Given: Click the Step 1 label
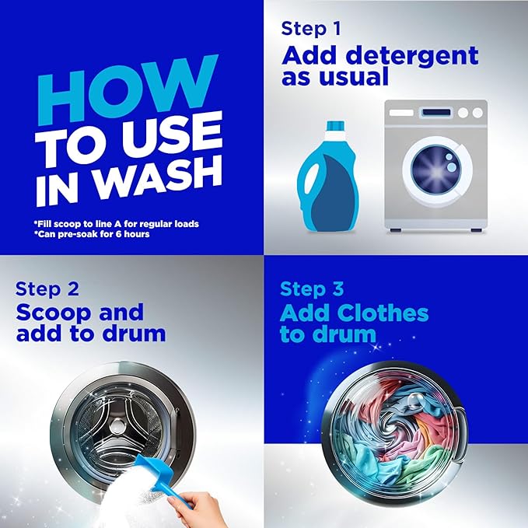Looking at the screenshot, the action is click(x=311, y=28).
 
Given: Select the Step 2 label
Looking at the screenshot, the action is click(x=47, y=289).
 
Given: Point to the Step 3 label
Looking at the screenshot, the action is click(x=312, y=289).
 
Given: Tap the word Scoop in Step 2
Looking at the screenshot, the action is click(x=54, y=313).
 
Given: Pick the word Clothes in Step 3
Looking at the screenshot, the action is click(x=383, y=313).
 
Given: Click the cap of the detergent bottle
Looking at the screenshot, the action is click(x=335, y=126).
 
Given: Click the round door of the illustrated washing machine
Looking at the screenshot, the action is click(x=438, y=172).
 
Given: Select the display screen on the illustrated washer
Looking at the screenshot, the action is click(x=436, y=113).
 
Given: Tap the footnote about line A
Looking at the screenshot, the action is click(x=117, y=224).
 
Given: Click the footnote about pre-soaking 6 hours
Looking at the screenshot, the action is click(x=92, y=234).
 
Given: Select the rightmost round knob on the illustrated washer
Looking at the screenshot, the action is click(x=477, y=113).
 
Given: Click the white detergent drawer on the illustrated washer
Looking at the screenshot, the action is click(x=401, y=113).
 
